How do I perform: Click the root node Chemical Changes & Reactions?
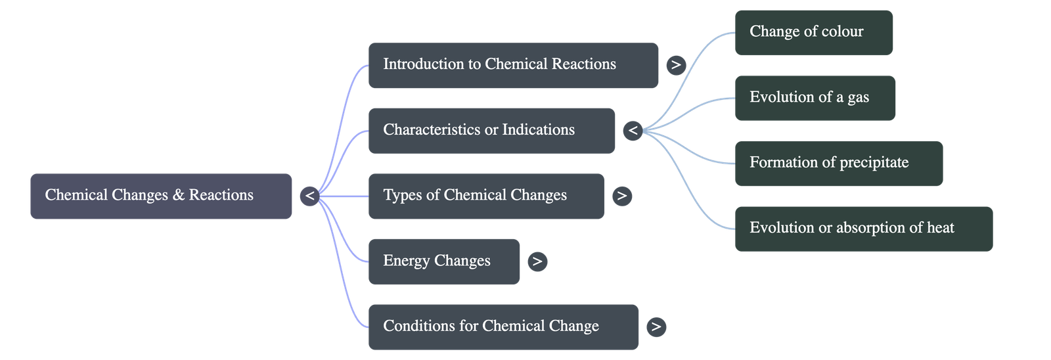point(160,196)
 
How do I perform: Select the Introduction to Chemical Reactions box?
point(513,65)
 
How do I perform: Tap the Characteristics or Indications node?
point(491,130)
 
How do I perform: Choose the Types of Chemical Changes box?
point(485,196)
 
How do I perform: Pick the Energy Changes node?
point(443,261)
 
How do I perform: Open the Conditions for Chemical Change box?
point(503,326)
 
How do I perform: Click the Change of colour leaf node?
point(813,32)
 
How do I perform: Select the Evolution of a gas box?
point(815,97)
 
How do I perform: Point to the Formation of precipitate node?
point(838,163)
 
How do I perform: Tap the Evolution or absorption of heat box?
point(863,228)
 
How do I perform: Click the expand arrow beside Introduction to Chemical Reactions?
point(675,65)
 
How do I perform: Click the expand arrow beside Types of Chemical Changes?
point(621,196)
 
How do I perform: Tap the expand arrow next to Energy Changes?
point(537,261)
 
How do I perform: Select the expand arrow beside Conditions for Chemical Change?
point(656,326)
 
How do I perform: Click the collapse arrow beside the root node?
point(309,196)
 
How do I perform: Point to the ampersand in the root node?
point(179,195)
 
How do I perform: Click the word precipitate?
point(868,163)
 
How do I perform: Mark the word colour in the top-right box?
point(842,32)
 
